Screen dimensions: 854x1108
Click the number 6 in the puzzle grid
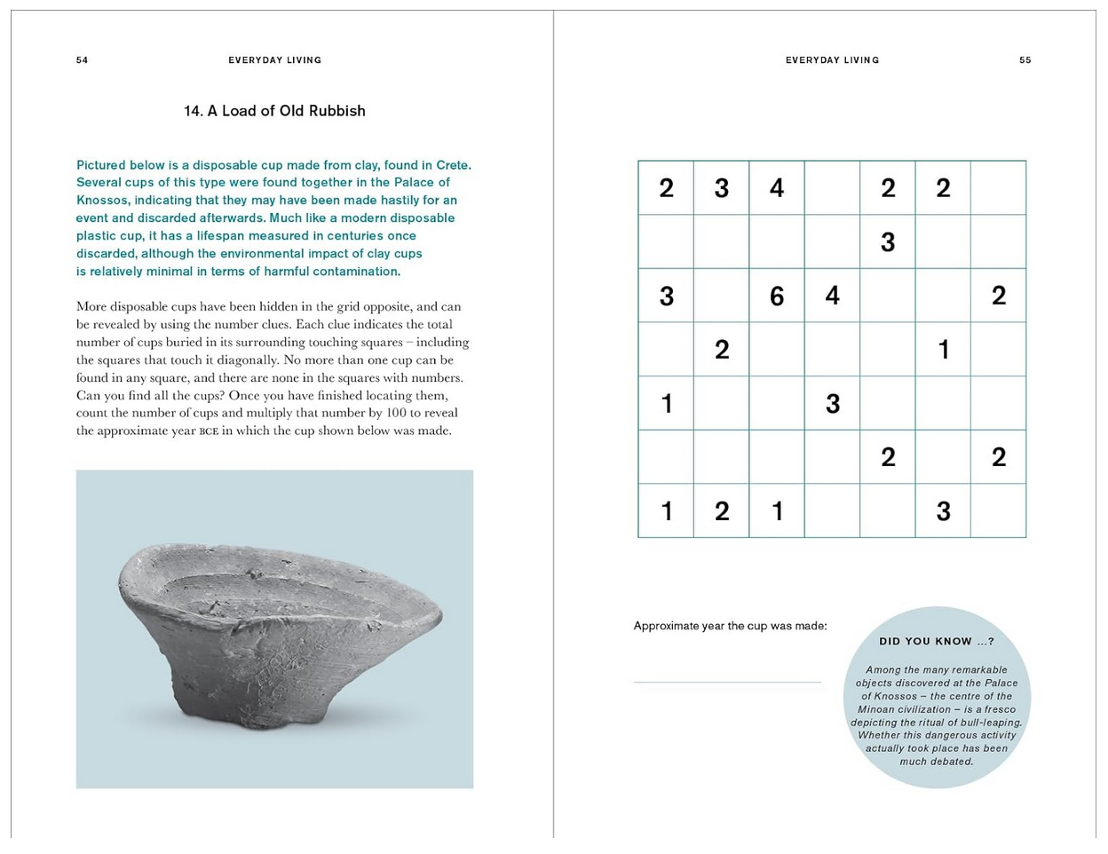coord(777,296)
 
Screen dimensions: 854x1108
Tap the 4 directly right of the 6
coord(832,295)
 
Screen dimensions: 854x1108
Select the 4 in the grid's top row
coord(777,188)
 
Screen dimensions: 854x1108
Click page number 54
coord(82,60)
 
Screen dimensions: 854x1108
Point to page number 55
coord(1025,60)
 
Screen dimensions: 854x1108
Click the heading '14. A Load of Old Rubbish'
coord(274,111)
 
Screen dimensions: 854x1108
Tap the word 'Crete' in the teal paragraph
coord(452,165)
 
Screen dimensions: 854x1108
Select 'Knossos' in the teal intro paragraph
coord(102,201)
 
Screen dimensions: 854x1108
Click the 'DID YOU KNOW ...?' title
coord(937,641)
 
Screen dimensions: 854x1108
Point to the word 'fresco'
coord(995,709)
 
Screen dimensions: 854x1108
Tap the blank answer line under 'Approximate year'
coord(727,681)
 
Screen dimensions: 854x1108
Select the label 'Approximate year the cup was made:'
coord(730,626)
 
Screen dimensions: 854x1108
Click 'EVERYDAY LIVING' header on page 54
coord(274,60)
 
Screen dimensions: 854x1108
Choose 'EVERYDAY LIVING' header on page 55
coord(832,60)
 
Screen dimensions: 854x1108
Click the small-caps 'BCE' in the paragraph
coord(209,431)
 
